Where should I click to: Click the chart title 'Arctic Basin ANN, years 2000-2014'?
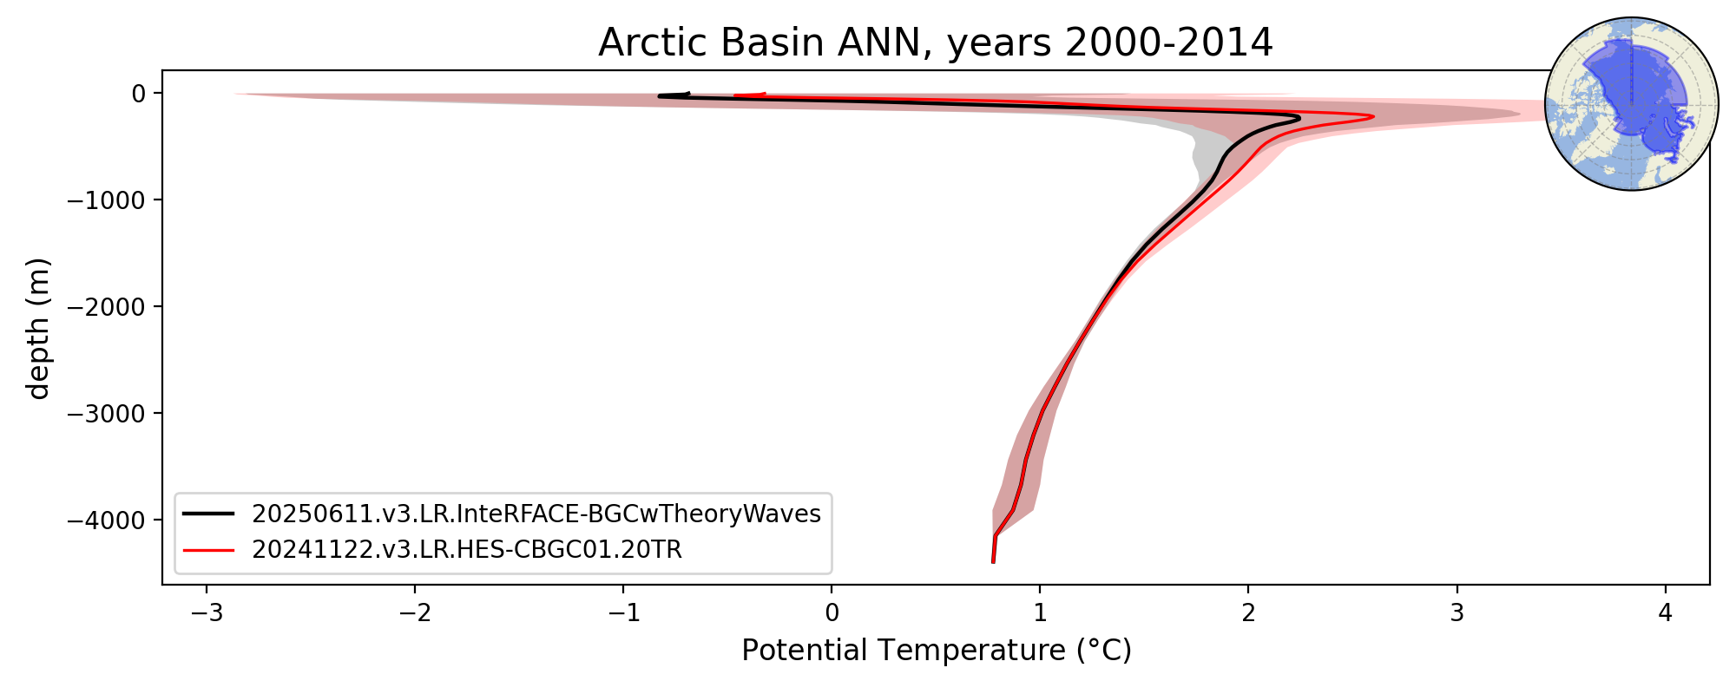click(x=936, y=43)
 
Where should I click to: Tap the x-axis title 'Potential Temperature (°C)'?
click(x=937, y=650)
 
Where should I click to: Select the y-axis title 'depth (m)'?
click(x=39, y=328)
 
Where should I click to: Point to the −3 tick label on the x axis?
click(x=207, y=613)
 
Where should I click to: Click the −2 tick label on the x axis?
click(x=415, y=613)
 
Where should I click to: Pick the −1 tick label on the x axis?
click(x=623, y=613)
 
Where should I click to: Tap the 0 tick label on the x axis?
click(x=832, y=613)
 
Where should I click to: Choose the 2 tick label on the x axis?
click(x=1248, y=613)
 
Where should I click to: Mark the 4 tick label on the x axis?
click(x=1665, y=613)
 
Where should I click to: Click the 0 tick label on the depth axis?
click(x=138, y=93)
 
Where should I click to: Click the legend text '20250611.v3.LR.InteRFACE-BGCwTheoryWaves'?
click(x=536, y=514)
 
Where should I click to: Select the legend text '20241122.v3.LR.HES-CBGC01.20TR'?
click(x=467, y=550)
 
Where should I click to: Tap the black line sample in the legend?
click(x=208, y=514)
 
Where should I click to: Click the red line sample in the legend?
click(x=208, y=550)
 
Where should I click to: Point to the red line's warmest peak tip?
click(x=1373, y=116)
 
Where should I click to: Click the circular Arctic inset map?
click(x=1632, y=104)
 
